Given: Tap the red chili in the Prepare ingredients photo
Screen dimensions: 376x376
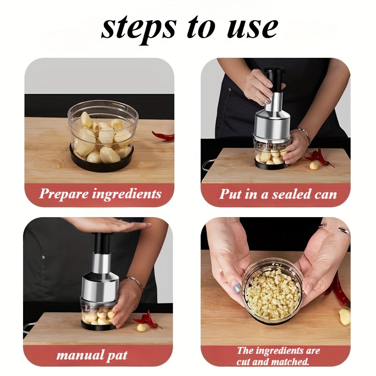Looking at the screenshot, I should pos(164,136).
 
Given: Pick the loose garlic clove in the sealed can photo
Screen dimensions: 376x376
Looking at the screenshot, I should pos(313,165).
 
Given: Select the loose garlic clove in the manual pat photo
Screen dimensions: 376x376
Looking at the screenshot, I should pos(141,327).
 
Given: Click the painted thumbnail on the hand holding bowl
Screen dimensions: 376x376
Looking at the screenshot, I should pos(237,287).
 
